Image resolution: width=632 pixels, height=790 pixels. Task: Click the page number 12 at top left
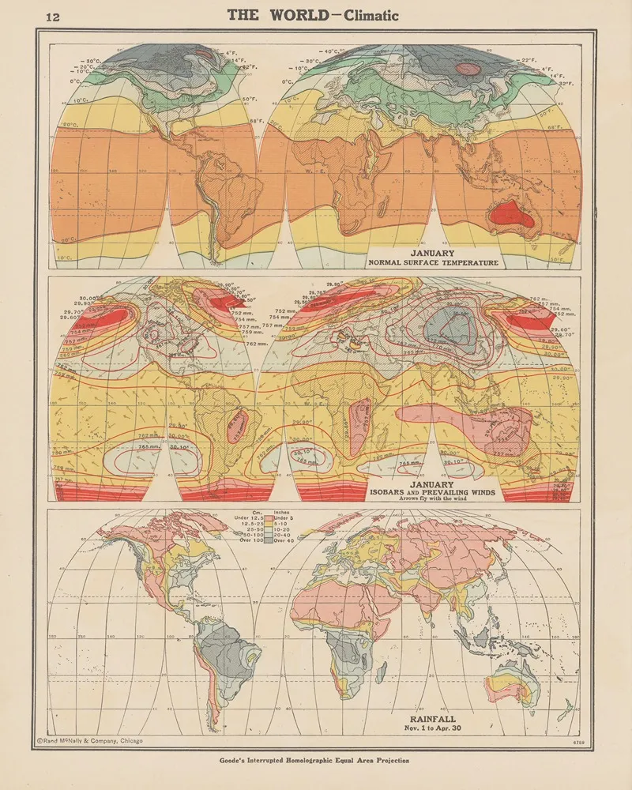click(54, 17)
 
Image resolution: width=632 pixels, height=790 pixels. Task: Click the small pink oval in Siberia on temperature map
click(468, 69)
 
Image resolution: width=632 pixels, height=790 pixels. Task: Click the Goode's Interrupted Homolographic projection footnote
click(315, 761)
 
